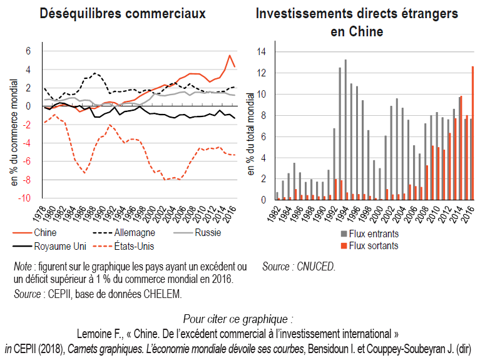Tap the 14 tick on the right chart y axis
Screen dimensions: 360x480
point(267,51)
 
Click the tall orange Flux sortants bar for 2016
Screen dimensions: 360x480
point(472,133)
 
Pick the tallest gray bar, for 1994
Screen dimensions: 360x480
point(345,130)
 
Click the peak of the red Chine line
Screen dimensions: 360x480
point(229,56)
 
